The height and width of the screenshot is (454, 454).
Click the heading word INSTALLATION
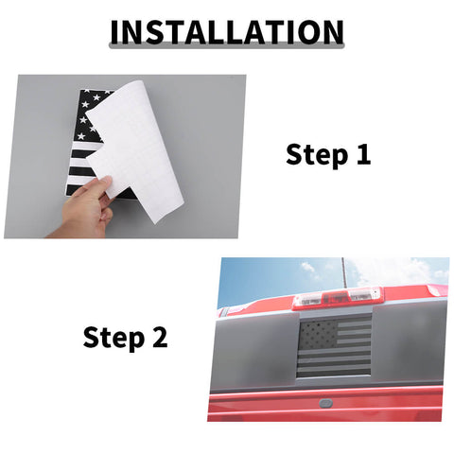pyautogui.click(x=227, y=32)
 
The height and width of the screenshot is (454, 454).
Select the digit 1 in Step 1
pyautogui.click(x=363, y=153)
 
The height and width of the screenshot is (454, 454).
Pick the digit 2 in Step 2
pyautogui.click(x=160, y=337)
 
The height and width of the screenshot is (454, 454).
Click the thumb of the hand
pyautogui.click(x=103, y=186)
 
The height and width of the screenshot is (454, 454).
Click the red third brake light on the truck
pyautogui.click(x=337, y=297)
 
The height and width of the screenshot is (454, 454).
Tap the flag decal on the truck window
pyautogui.click(x=335, y=348)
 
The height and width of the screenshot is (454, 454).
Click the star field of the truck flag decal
pyautogui.click(x=318, y=334)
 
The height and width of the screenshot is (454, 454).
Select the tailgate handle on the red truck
pyautogui.click(x=325, y=403)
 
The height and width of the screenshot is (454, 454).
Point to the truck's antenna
pyautogui.click(x=344, y=272)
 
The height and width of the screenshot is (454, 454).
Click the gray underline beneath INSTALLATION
pyautogui.click(x=227, y=46)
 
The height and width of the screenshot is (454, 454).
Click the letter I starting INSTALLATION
pyautogui.click(x=114, y=32)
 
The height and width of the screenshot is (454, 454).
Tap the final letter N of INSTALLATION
pyautogui.click(x=333, y=32)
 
